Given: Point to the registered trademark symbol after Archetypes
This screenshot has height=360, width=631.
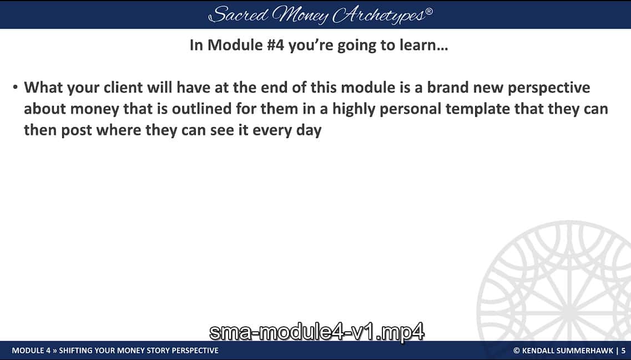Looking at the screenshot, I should (428, 11).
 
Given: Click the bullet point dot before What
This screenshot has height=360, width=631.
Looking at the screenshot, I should (16, 88).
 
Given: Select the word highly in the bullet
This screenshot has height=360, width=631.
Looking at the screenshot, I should (356, 109).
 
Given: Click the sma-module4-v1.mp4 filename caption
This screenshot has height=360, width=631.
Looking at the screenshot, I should (316, 332).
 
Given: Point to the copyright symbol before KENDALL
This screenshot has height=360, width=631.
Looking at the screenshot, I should (516, 351).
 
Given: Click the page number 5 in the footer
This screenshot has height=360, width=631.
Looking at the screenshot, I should (623, 351).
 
